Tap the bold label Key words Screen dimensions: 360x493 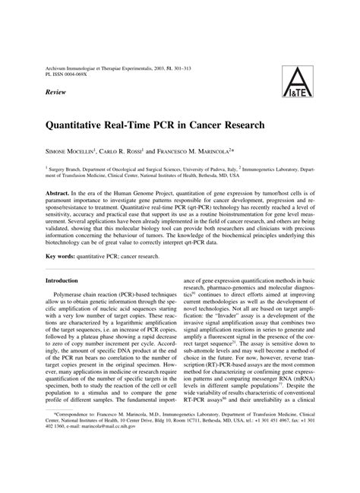62,257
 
